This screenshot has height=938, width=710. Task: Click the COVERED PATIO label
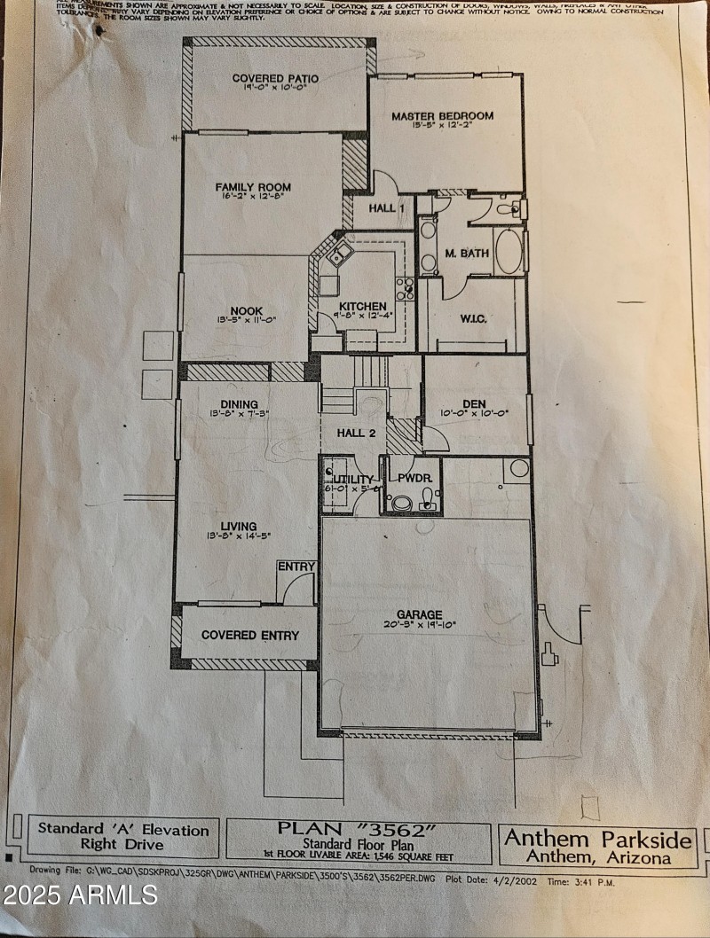(275, 79)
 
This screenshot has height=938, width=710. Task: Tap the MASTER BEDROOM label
(442, 116)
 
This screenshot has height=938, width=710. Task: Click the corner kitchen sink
(337, 257)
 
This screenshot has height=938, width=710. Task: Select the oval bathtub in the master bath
(509, 252)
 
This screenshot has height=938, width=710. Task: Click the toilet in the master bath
(509, 209)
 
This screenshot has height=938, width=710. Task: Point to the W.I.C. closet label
(473, 319)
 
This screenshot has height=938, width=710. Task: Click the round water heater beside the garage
(518, 467)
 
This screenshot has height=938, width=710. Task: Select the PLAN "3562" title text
(358, 828)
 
